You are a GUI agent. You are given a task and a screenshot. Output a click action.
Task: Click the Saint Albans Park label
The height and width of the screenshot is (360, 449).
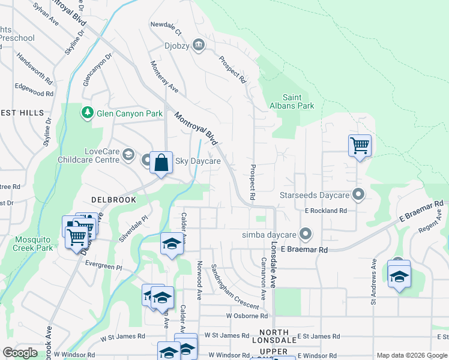coord(298,101)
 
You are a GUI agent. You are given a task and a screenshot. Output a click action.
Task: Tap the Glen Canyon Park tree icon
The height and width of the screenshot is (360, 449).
coord(88,113)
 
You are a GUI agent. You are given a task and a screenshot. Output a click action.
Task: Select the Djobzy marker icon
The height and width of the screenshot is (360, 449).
coord(199,45)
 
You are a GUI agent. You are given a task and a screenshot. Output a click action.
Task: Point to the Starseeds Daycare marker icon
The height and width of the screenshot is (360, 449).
coord(358,195)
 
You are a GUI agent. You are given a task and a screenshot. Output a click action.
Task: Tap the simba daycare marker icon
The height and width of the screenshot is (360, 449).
coord(306,234)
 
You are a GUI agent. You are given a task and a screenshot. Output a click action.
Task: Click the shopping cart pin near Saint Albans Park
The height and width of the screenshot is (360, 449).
coord(360,145)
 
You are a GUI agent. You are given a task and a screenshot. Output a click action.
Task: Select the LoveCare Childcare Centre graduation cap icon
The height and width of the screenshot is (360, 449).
coord(128,155)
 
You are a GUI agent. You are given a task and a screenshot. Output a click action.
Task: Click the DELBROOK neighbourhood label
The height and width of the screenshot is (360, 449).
coord(111,198)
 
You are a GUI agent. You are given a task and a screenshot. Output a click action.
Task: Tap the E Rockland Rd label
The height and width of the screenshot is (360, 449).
coord(326,211)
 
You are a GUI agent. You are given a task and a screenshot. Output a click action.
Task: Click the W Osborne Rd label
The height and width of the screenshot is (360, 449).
coord(247,316)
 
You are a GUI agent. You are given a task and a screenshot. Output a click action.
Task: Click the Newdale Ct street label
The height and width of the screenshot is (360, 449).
coord(166,31)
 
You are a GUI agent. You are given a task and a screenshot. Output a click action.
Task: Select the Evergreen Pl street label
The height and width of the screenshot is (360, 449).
coord(103,268)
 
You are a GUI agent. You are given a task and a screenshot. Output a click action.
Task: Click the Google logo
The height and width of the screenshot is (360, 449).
coord(20,353)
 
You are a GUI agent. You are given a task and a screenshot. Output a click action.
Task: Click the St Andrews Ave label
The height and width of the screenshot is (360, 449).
coord(373,281)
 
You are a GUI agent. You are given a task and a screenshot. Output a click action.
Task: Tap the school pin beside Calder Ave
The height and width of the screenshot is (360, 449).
coord(172,244)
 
